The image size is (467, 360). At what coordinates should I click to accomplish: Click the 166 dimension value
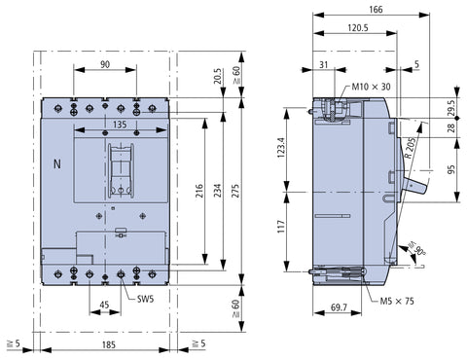point(376,10)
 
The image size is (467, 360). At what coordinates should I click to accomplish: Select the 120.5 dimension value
point(358,28)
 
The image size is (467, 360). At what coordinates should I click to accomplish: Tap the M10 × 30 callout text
point(371,87)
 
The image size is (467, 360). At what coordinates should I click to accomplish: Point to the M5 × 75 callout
point(397,301)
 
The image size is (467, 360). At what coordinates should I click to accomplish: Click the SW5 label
point(145,299)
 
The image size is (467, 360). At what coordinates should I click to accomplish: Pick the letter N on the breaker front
point(57,164)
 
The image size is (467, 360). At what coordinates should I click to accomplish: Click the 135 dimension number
point(120,125)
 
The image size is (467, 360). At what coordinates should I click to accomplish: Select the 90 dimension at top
point(105,64)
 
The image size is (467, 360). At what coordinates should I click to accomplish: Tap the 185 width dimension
point(109,344)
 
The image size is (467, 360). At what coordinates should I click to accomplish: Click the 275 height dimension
point(235,191)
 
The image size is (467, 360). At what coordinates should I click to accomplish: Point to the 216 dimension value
point(199,191)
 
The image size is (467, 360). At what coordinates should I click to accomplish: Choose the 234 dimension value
point(218,191)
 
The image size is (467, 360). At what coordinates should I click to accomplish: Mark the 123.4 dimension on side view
point(280,148)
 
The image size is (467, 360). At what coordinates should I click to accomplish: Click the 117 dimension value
point(280,227)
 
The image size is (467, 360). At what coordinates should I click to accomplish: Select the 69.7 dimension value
point(339,307)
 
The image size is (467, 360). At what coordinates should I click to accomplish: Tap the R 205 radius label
point(410,148)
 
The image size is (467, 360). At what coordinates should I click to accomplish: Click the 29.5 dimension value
point(451,108)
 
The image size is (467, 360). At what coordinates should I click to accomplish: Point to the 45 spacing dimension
point(104,305)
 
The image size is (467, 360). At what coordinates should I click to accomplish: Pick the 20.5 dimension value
point(218,76)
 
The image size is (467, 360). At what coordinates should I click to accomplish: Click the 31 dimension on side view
point(324,64)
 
